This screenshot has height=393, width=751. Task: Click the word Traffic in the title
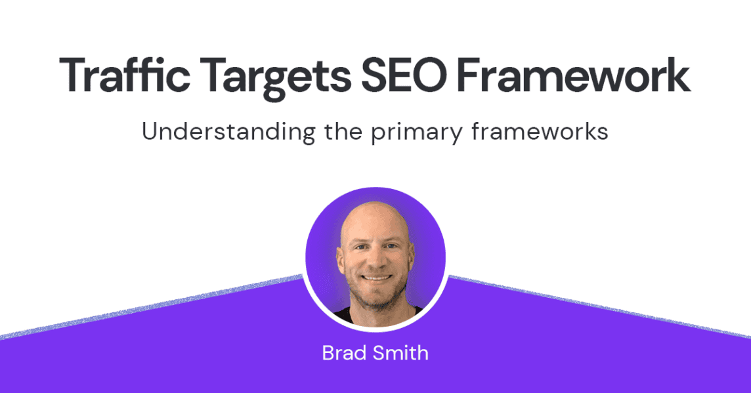click(124, 75)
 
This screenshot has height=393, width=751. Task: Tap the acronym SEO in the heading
click(404, 75)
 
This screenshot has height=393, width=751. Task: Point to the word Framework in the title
click(574, 75)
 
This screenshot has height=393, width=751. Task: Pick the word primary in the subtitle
click(416, 134)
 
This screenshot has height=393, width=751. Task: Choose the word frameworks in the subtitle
click(540, 131)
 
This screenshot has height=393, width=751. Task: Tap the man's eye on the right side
click(391, 247)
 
